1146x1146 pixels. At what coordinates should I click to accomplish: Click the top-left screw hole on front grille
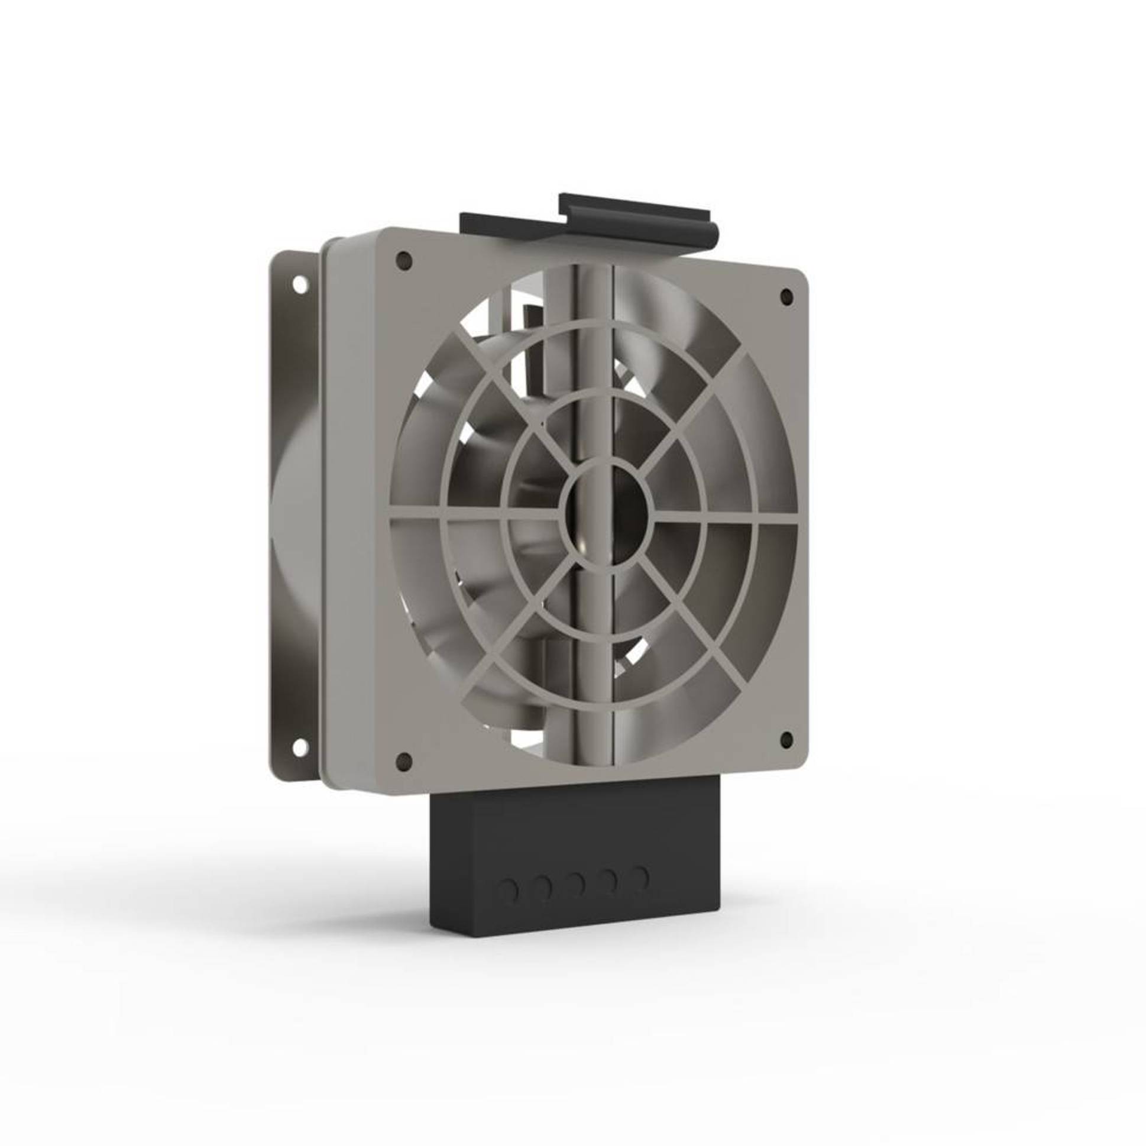404,260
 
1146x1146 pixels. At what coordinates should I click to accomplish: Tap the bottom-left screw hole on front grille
404,761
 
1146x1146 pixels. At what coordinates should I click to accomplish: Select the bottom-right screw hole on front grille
786,739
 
